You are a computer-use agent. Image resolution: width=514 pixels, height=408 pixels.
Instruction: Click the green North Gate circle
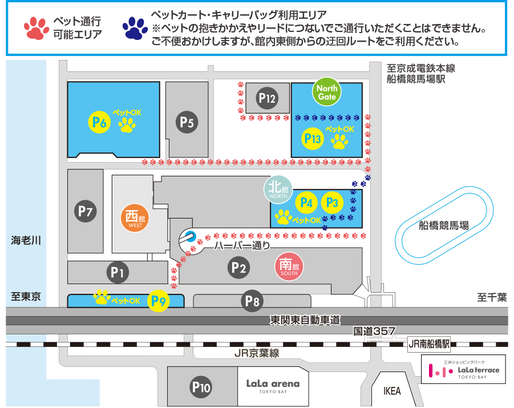click(327, 92)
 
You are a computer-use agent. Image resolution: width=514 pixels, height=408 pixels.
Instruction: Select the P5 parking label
click(187, 122)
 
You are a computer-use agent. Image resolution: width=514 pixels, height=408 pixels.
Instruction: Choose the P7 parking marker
click(86, 212)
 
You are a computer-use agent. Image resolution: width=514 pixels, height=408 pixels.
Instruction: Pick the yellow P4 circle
click(307, 202)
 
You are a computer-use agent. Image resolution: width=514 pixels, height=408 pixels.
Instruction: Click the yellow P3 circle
click(332, 202)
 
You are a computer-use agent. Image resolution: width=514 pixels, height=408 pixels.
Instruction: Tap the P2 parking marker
click(239, 266)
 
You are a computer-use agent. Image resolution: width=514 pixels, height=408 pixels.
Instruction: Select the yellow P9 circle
click(159, 301)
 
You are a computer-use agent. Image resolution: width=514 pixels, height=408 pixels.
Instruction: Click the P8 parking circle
click(252, 301)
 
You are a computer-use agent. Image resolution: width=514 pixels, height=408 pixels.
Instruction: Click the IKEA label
click(392, 391)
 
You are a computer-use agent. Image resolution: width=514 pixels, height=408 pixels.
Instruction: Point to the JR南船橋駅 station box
click(430, 344)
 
